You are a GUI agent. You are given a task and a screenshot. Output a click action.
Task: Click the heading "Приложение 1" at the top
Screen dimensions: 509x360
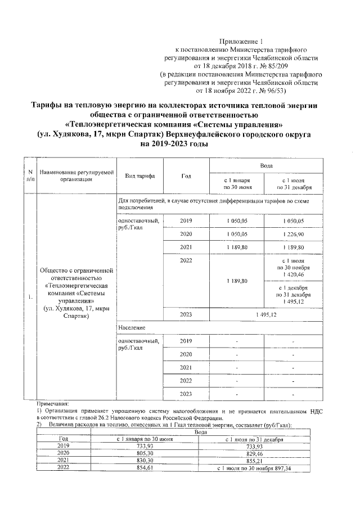click(240, 42)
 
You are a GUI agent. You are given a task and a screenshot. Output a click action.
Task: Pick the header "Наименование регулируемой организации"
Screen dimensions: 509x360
click(76, 175)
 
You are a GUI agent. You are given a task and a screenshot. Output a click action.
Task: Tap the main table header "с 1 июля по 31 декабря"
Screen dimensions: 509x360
click(294, 184)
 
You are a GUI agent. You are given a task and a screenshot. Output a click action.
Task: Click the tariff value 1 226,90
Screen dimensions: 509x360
click(294, 234)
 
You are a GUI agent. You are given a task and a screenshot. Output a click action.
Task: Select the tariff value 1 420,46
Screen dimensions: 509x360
click(294, 274)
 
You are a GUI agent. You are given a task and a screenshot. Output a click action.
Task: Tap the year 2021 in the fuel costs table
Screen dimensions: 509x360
click(64, 461)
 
